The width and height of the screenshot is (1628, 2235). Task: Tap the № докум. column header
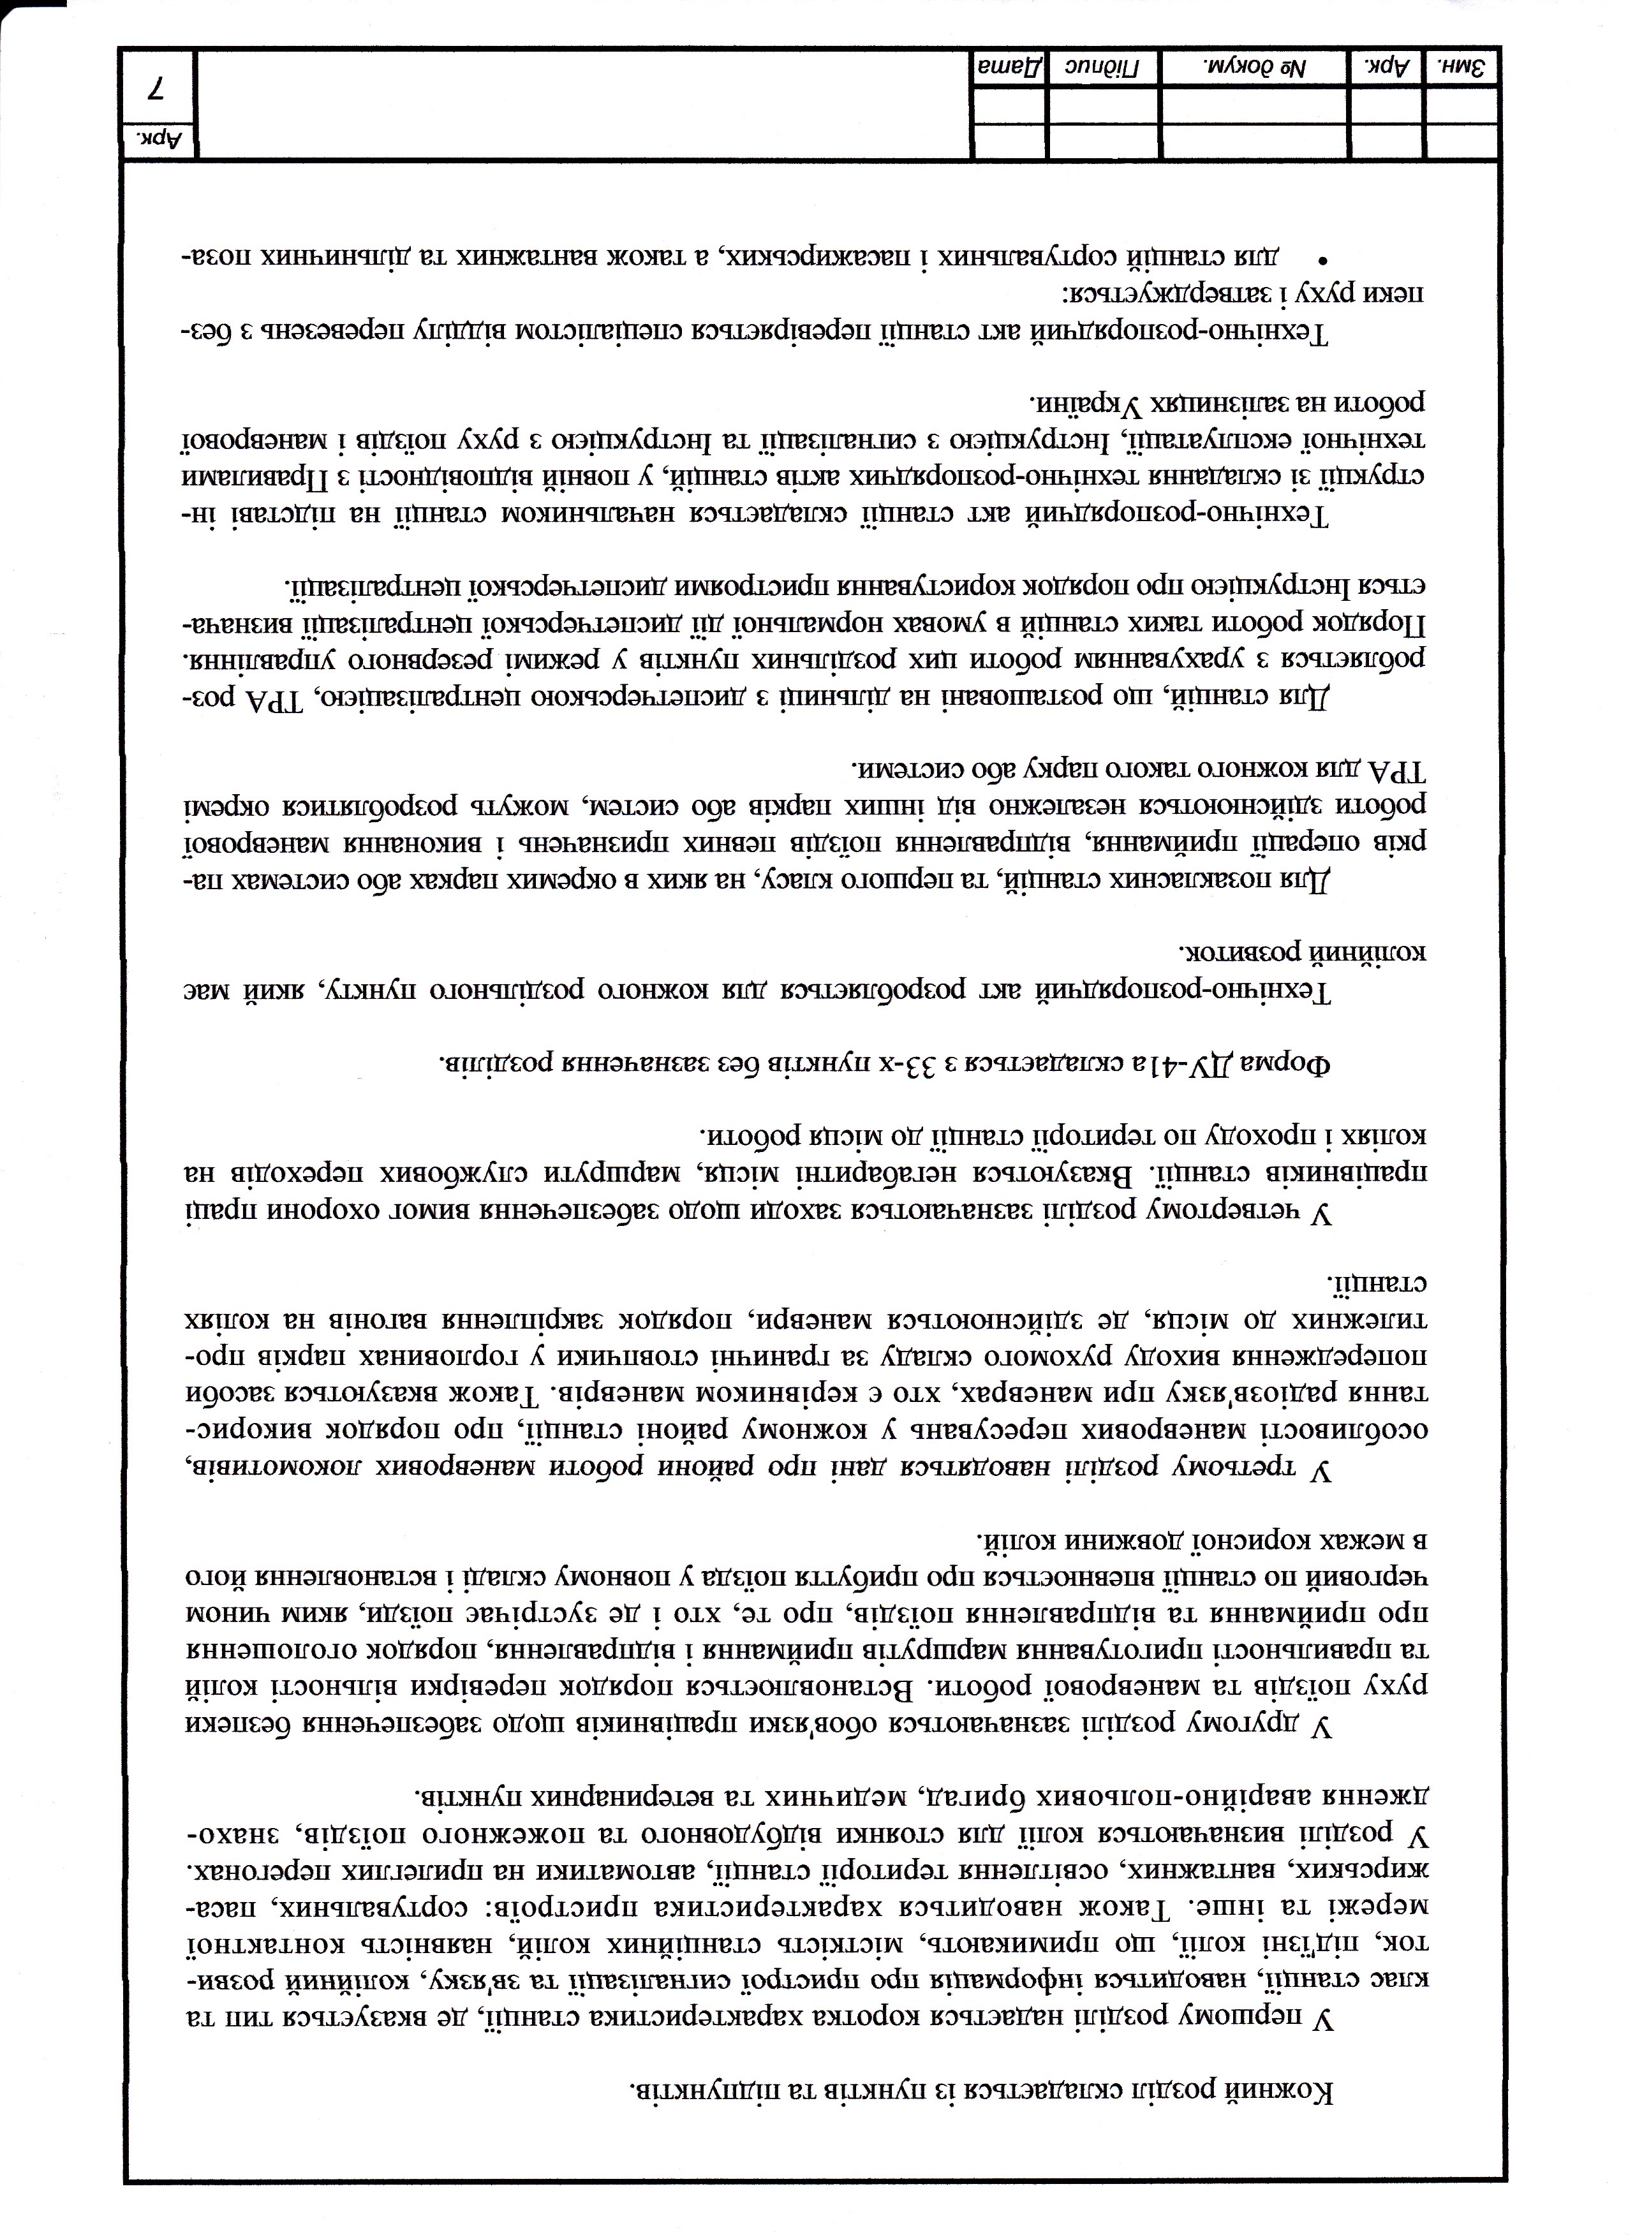1252,68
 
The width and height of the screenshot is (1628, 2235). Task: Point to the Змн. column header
1463,68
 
